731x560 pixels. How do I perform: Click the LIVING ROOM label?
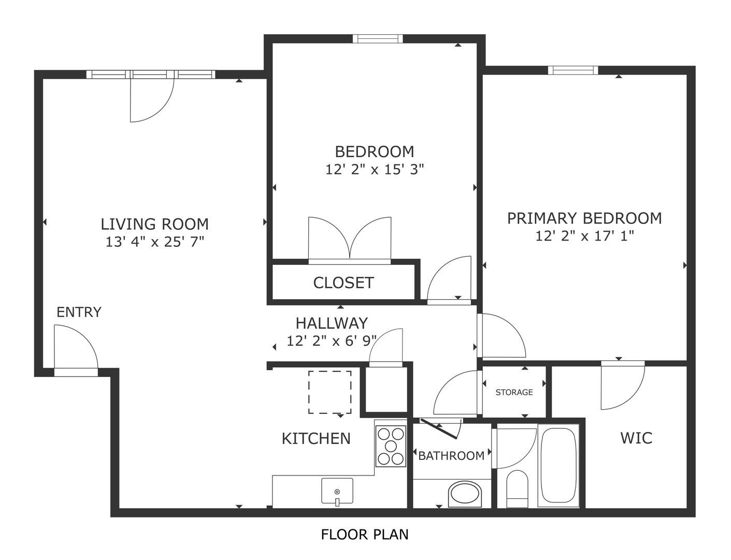[x=154, y=224]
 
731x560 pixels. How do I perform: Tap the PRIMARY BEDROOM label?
[x=584, y=218]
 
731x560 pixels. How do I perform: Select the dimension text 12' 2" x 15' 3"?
[x=375, y=170]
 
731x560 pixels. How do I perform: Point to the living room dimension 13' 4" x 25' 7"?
[x=154, y=242]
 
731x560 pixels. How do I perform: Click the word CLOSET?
[x=343, y=283]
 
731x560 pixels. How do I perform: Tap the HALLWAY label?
[x=332, y=323]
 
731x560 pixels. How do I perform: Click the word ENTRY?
[x=79, y=312]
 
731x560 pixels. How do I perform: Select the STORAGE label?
[x=514, y=393]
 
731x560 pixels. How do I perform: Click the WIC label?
[x=636, y=438]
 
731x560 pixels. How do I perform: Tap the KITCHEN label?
[x=316, y=438]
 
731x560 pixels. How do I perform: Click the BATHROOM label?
[x=451, y=456]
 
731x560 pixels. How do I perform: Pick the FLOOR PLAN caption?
[x=365, y=534]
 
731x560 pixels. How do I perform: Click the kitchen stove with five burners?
[x=391, y=446]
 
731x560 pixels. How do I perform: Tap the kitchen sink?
[x=337, y=491]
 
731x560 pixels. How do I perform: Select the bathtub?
[x=558, y=465]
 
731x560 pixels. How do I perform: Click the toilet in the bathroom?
[x=517, y=489]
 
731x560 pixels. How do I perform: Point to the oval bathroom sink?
[x=465, y=494]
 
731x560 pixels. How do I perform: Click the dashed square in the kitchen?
[x=329, y=393]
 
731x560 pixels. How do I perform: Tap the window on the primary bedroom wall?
[x=573, y=71]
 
